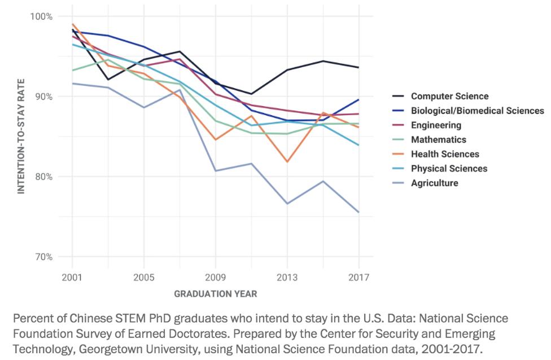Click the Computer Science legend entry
[x=449, y=96]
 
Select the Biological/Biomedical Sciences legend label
[x=477, y=111]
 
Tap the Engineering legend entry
[x=436, y=125]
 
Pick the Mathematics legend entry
[x=438, y=139]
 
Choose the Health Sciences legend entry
[x=445, y=154]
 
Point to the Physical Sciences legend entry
[x=449, y=168]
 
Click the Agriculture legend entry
[x=434, y=183]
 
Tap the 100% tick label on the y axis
[x=41, y=16]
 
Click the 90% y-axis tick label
[x=43, y=96]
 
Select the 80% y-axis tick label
[x=43, y=177]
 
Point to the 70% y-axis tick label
[x=43, y=257]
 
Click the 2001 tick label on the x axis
[x=72, y=278]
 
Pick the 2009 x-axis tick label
[x=216, y=278]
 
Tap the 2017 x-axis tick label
[x=359, y=278]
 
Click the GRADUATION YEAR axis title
[x=216, y=294]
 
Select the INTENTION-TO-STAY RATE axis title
[x=21, y=137]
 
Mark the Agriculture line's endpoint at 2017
[x=359, y=212]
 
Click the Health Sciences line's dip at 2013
[x=287, y=162]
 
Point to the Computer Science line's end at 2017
[x=359, y=67]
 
